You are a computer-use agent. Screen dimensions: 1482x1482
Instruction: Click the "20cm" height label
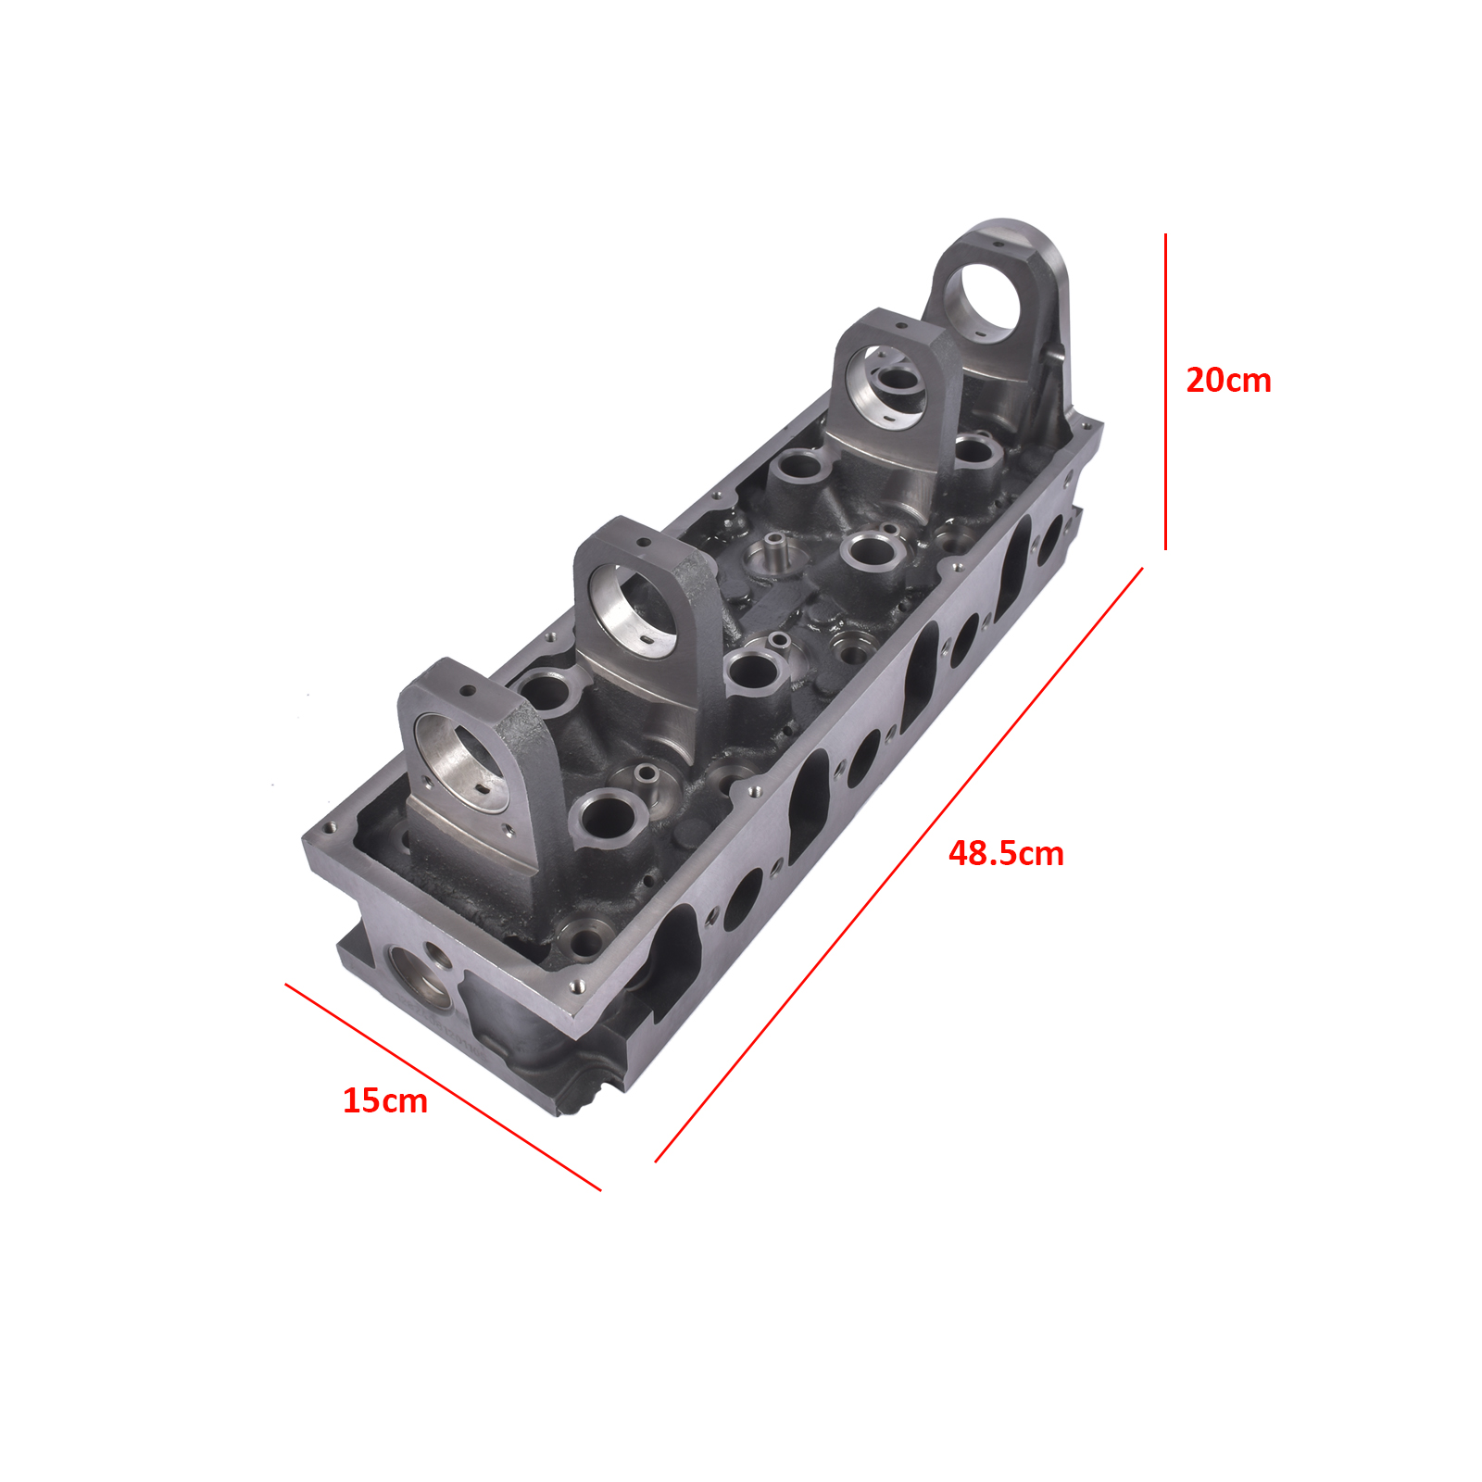click(1228, 381)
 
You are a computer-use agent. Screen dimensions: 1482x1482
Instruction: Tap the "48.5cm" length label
click(1006, 853)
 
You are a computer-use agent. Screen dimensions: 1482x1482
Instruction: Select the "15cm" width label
click(385, 1100)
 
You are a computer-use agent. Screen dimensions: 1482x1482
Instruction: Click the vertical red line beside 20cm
click(1165, 392)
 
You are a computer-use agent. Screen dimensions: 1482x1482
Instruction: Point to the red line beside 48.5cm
click(898, 865)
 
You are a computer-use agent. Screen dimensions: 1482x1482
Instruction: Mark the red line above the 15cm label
click(443, 1086)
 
